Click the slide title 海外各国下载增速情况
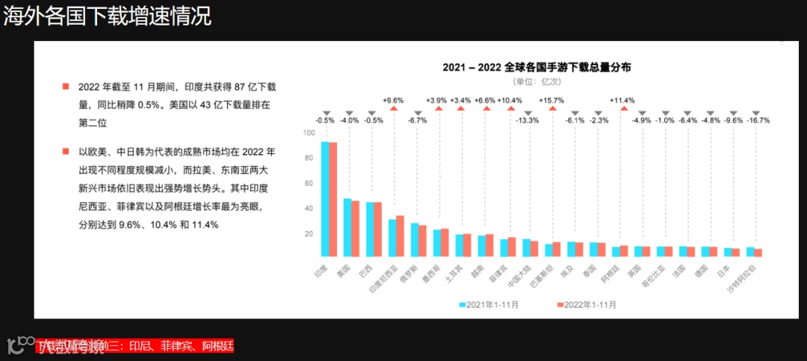(108, 17)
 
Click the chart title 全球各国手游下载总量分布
(537, 67)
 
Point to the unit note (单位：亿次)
(537, 81)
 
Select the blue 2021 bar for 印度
(325, 199)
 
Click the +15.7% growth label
(552, 99)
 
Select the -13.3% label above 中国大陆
(528, 120)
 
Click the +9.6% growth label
(393, 99)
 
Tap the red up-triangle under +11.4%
(622, 109)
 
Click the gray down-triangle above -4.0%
(348, 111)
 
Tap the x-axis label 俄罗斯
(409, 271)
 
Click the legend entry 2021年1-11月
(489, 304)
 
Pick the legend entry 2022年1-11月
(587, 304)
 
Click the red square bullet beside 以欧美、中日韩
(66, 152)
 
